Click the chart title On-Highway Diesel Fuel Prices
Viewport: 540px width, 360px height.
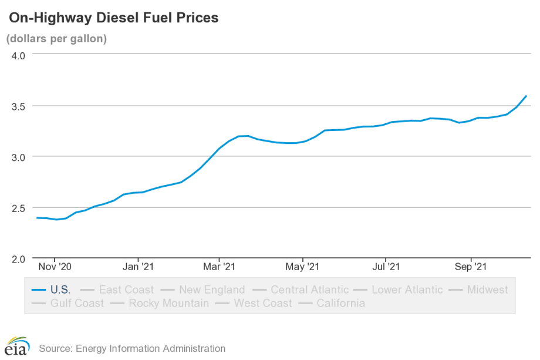[x=113, y=18]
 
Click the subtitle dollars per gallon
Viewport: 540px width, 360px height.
[x=56, y=39]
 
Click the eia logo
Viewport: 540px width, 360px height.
[x=17, y=346]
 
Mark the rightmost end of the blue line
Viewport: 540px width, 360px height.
[x=526, y=96]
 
